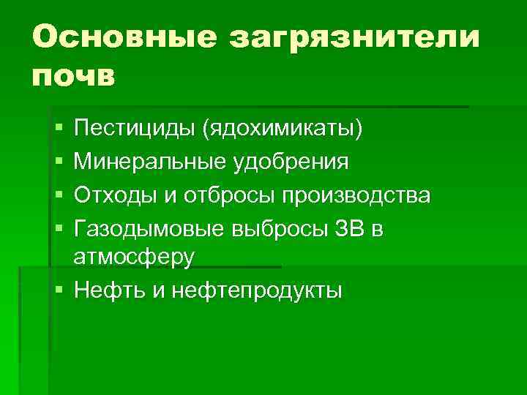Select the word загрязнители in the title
coord(355,37)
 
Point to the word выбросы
coord(270,229)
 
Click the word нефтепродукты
coord(256,290)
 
